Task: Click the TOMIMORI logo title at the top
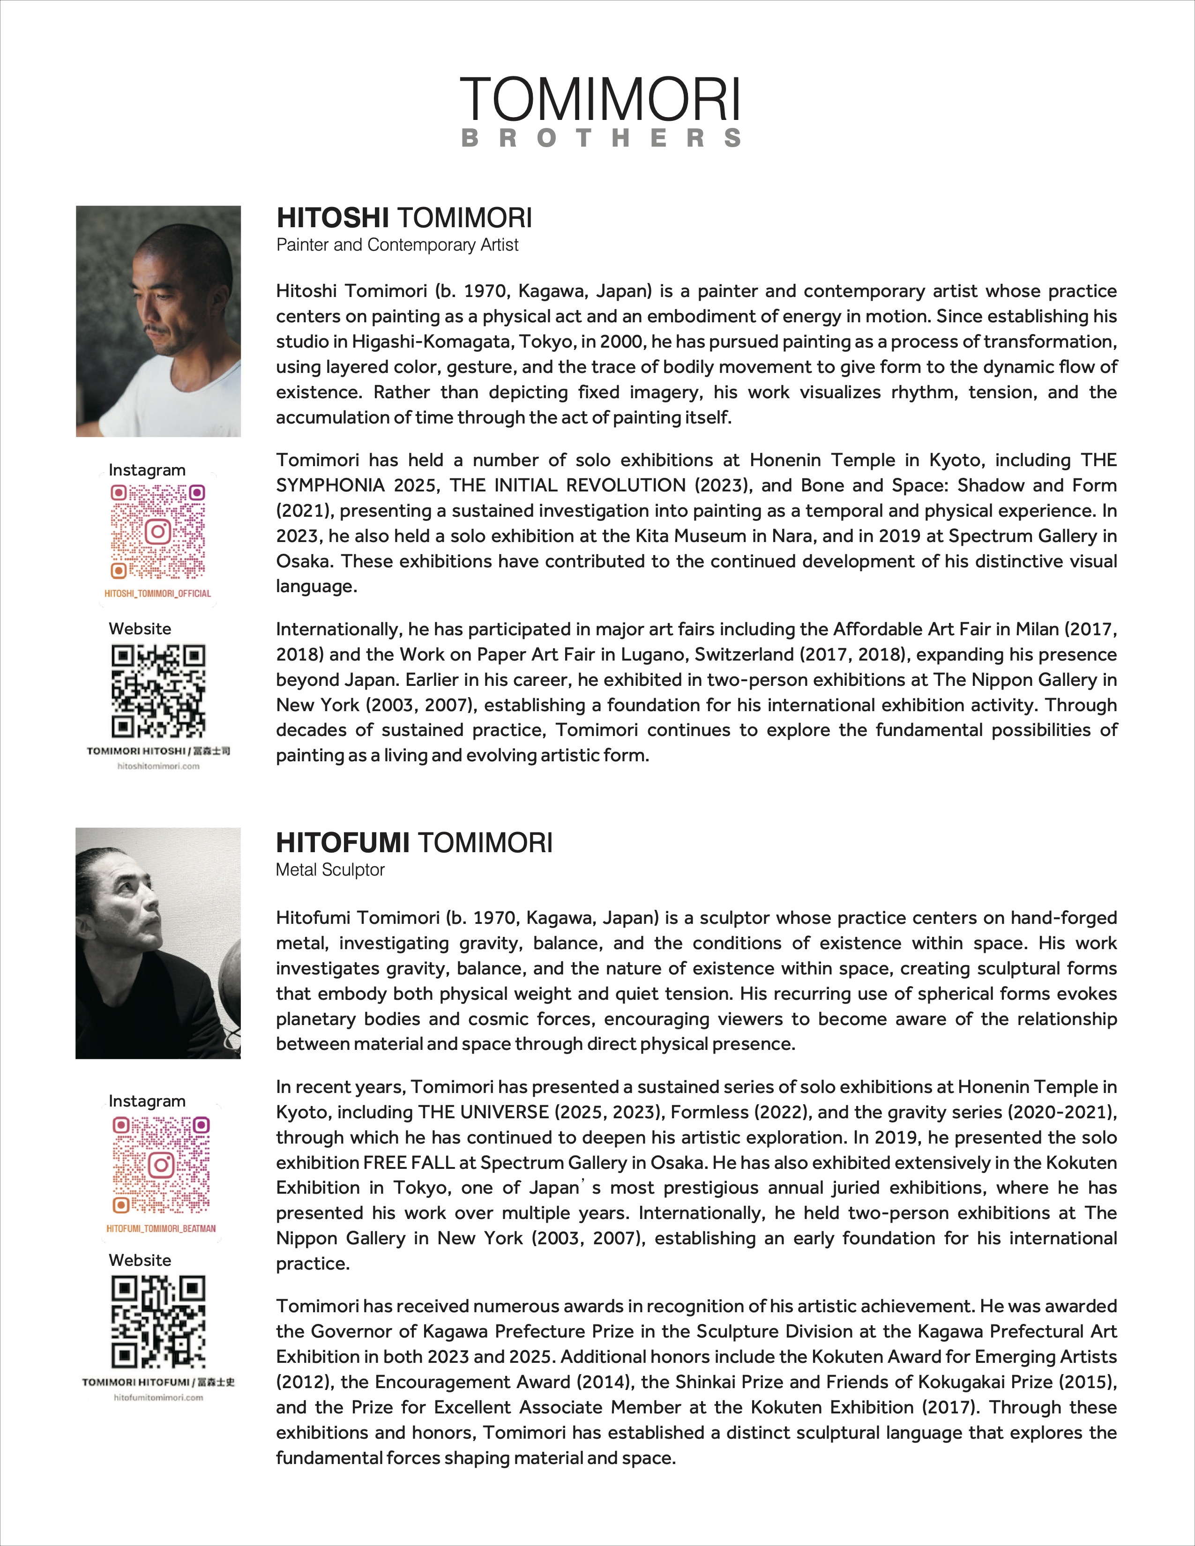tap(600, 100)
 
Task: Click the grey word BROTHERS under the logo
tap(600, 138)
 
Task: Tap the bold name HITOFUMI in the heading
tap(342, 843)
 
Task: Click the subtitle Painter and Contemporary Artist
tap(397, 245)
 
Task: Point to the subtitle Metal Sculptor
tap(330, 870)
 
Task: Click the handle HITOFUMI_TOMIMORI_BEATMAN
tap(161, 1228)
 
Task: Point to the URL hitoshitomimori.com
tap(158, 766)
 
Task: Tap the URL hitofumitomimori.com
tap(158, 1397)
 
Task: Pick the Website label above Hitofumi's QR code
tap(140, 1260)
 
